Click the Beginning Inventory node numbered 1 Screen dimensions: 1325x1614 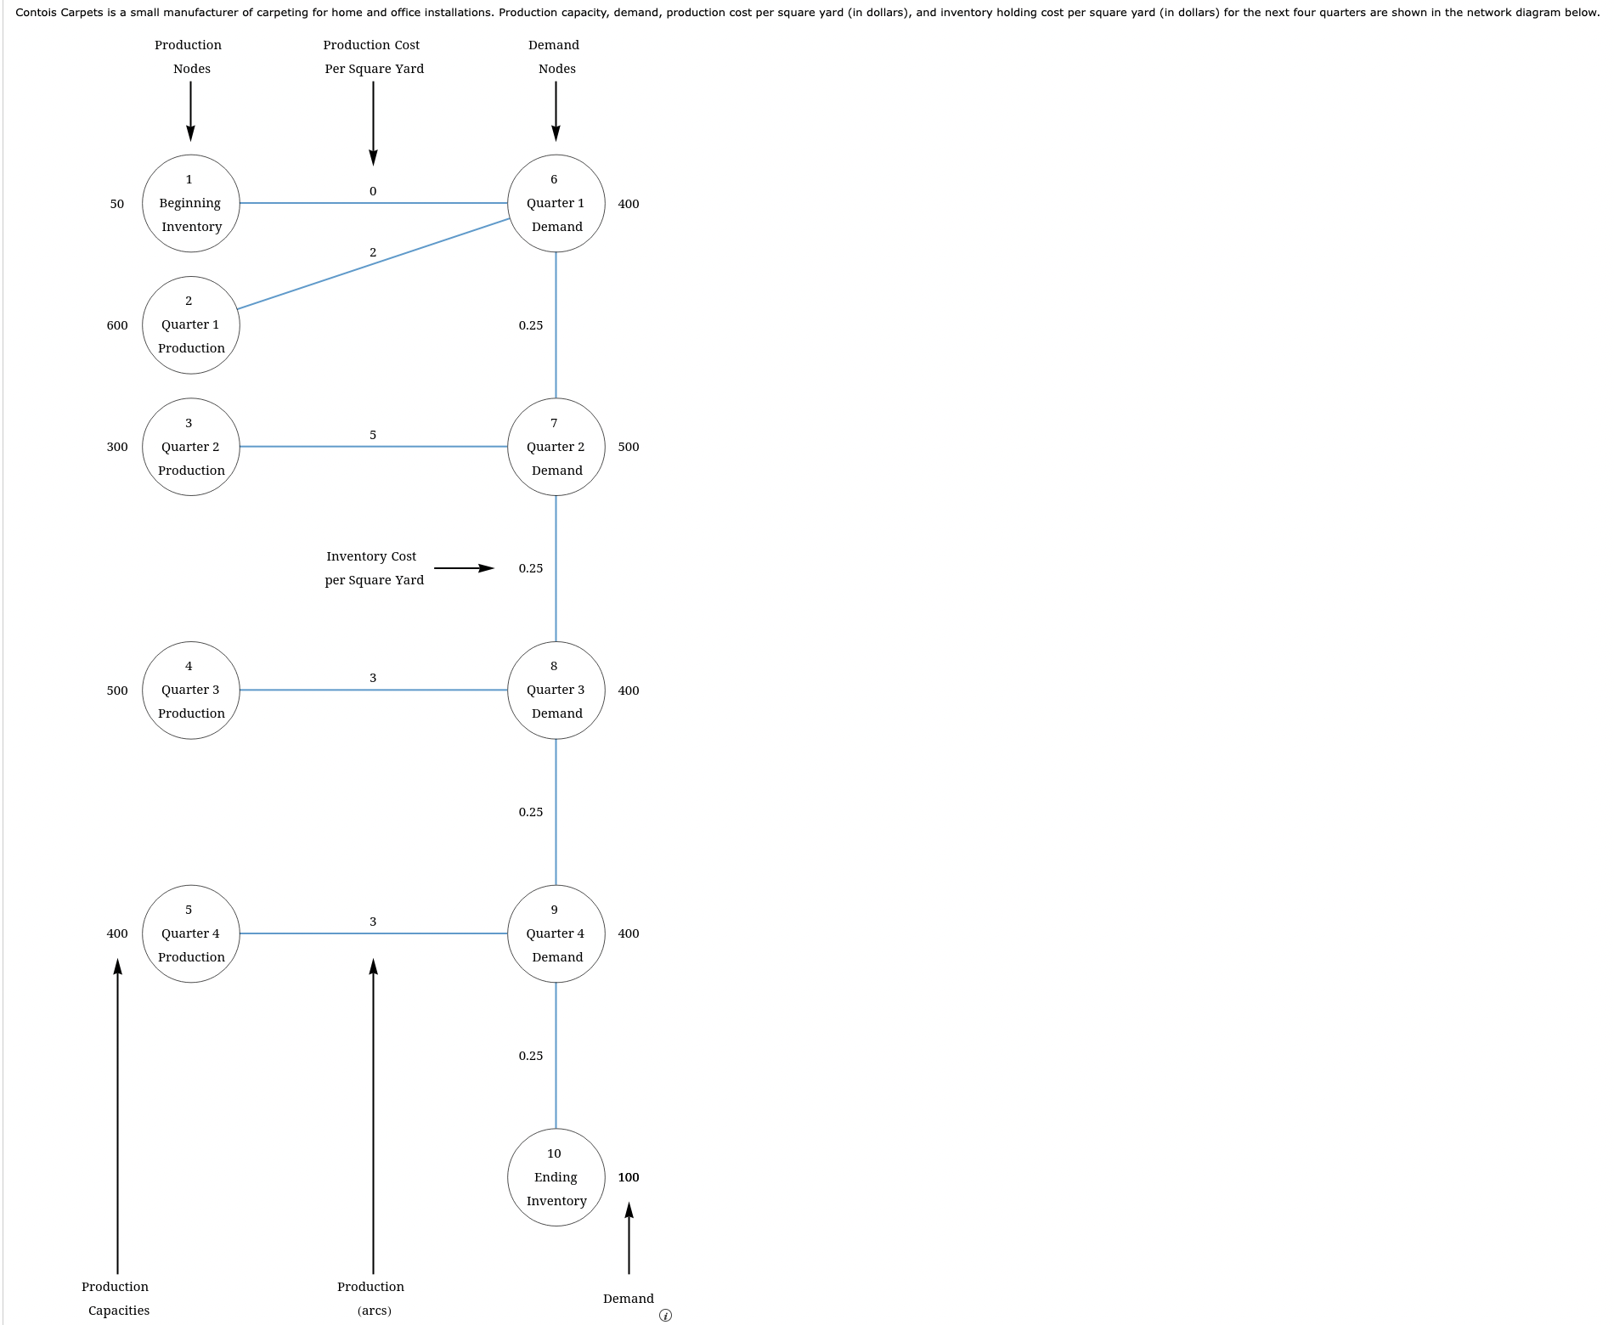coord(190,203)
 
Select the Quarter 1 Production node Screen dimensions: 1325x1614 coord(190,325)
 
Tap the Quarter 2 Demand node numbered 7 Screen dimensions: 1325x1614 coord(556,447)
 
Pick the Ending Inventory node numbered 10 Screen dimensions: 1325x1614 coord(556,1177)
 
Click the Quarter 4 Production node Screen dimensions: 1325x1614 coord(190,933)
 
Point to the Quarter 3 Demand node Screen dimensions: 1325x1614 coord(556,690)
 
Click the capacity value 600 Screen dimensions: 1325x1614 coord(117,325)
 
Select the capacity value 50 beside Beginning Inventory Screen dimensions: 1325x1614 coord(117,204)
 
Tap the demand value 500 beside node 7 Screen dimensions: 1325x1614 coord(629,447)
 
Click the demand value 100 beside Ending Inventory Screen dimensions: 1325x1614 coord(629,1177)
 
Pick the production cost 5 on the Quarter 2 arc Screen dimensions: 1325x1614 coord(373,435)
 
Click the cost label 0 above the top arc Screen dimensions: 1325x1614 coord(373,191)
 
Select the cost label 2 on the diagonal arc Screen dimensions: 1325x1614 coord(373,252)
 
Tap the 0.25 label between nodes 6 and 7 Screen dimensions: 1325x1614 coord(531,325)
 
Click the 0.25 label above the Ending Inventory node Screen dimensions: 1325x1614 coord(531,1056)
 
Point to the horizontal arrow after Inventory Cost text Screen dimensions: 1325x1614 coord(464,568)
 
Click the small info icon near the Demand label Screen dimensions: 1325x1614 coord(665,1316)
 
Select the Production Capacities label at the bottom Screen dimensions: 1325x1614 coord(116,1299)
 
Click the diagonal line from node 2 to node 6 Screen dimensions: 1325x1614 coord(374,263)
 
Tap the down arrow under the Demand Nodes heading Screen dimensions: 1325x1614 coord(556,110)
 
